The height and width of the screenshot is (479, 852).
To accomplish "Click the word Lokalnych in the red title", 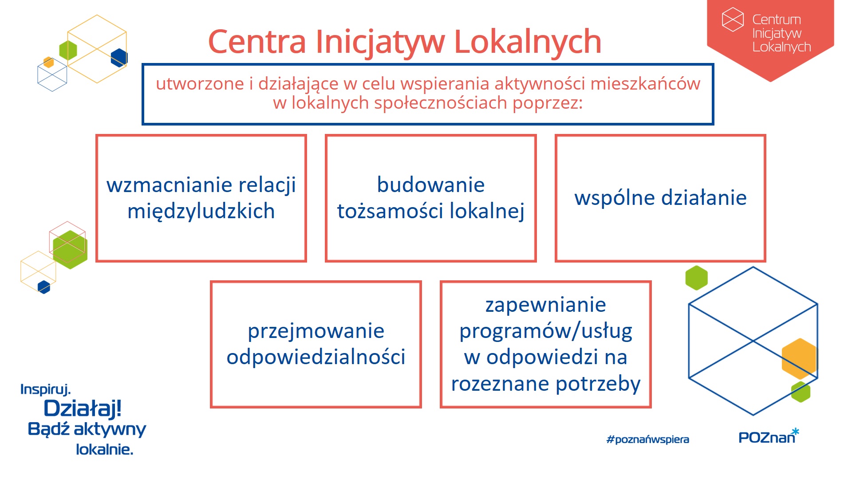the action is [x=528, y=42].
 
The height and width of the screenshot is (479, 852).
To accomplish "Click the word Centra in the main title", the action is [x=257, y=42].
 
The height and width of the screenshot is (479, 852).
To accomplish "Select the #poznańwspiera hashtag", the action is [x=647, y=440].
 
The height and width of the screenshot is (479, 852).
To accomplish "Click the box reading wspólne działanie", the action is [x=660, y=198].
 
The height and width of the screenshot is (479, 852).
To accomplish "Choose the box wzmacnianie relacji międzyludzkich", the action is [x=201, y=198].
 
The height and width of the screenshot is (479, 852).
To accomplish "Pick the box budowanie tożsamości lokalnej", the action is [x=430, y=198].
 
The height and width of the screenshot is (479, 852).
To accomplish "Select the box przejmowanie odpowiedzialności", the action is [x=316, y=344].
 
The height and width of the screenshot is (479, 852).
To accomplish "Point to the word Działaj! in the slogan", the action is [x=83, y=408].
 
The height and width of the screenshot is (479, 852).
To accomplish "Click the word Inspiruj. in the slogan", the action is [x=46, y=389].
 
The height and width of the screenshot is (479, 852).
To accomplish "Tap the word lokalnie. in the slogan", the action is [x=104, y=449].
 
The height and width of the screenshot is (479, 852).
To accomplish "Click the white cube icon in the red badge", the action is [x=733, y=20].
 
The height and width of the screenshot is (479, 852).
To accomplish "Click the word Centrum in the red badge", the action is [x=777, y=20].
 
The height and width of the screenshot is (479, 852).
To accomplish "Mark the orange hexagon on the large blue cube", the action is [x=799, y=358].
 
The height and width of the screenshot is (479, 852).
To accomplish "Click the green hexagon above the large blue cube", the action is [x=697, y=278].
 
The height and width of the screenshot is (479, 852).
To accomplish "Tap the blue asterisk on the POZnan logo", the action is [x=795, y=431].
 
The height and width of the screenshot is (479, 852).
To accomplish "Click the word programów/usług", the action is [x=546, y=331].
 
